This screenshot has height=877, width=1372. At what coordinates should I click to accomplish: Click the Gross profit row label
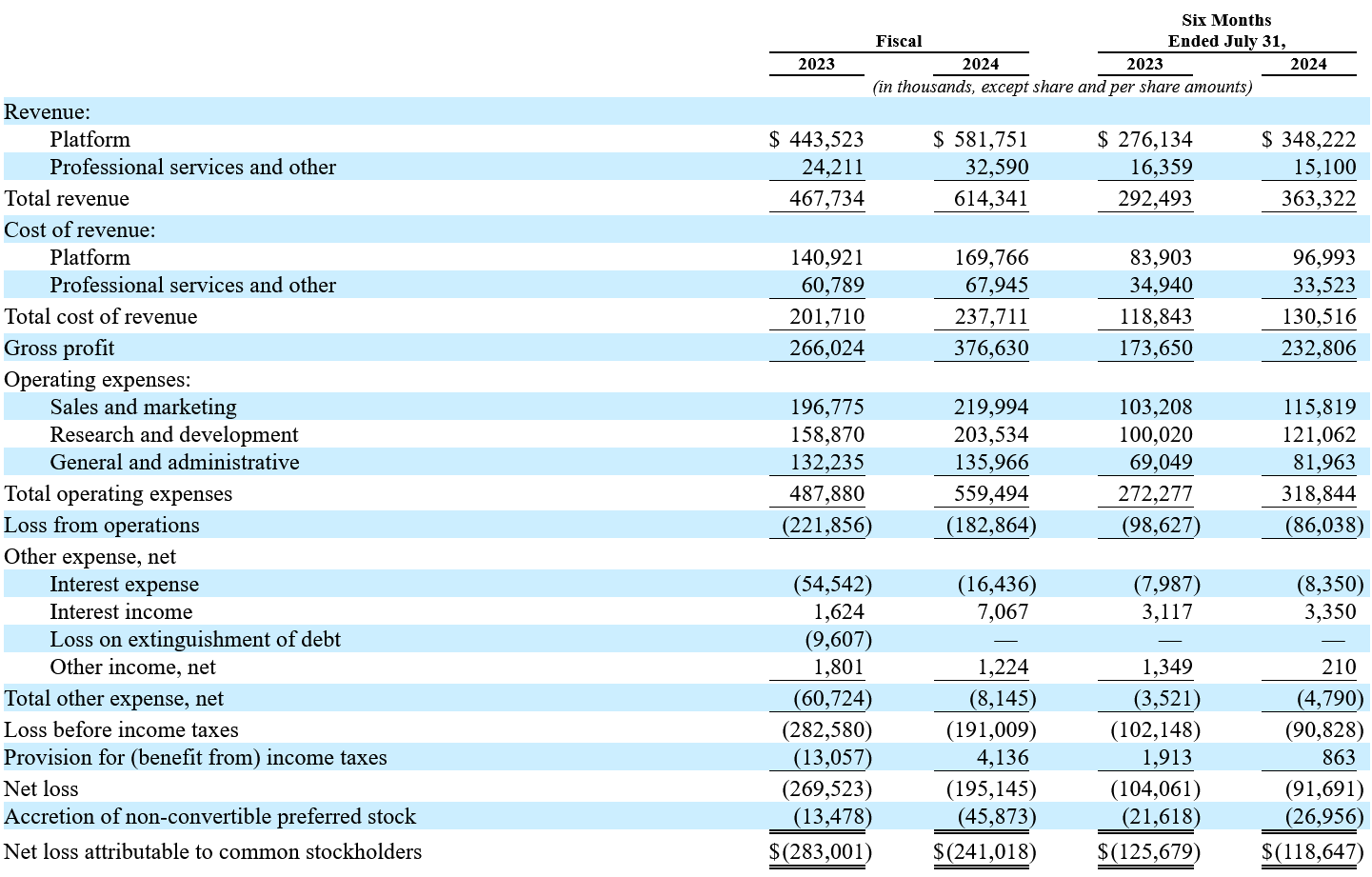pos(59,348)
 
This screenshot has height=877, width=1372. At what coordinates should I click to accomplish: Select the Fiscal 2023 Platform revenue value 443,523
pos(825,140)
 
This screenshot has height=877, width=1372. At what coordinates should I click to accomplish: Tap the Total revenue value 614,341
pos(990,198)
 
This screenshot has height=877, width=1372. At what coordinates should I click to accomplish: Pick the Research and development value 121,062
pos(1319,434)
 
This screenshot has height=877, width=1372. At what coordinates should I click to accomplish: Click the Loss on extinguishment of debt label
pos(195,639)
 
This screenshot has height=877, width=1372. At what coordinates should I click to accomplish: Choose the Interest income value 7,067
pos(1003,611)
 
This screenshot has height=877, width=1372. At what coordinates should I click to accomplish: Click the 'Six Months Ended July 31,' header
pos(1226,30)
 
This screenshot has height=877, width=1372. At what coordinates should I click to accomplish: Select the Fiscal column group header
pos(899,41)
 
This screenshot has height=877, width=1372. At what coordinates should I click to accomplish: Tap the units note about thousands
pos(1062,87)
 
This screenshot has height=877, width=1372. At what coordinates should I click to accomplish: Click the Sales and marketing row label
pos(143,407)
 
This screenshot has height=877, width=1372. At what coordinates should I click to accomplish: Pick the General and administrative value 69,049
pos(1161,462)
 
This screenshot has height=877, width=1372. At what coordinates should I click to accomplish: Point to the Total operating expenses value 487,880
pos(826,493)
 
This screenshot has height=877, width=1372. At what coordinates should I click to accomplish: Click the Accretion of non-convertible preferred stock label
pos(209,816)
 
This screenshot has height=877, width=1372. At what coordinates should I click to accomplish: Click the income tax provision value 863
pos(1339,758)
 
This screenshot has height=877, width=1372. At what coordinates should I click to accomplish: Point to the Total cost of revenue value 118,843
pos(1155,317)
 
